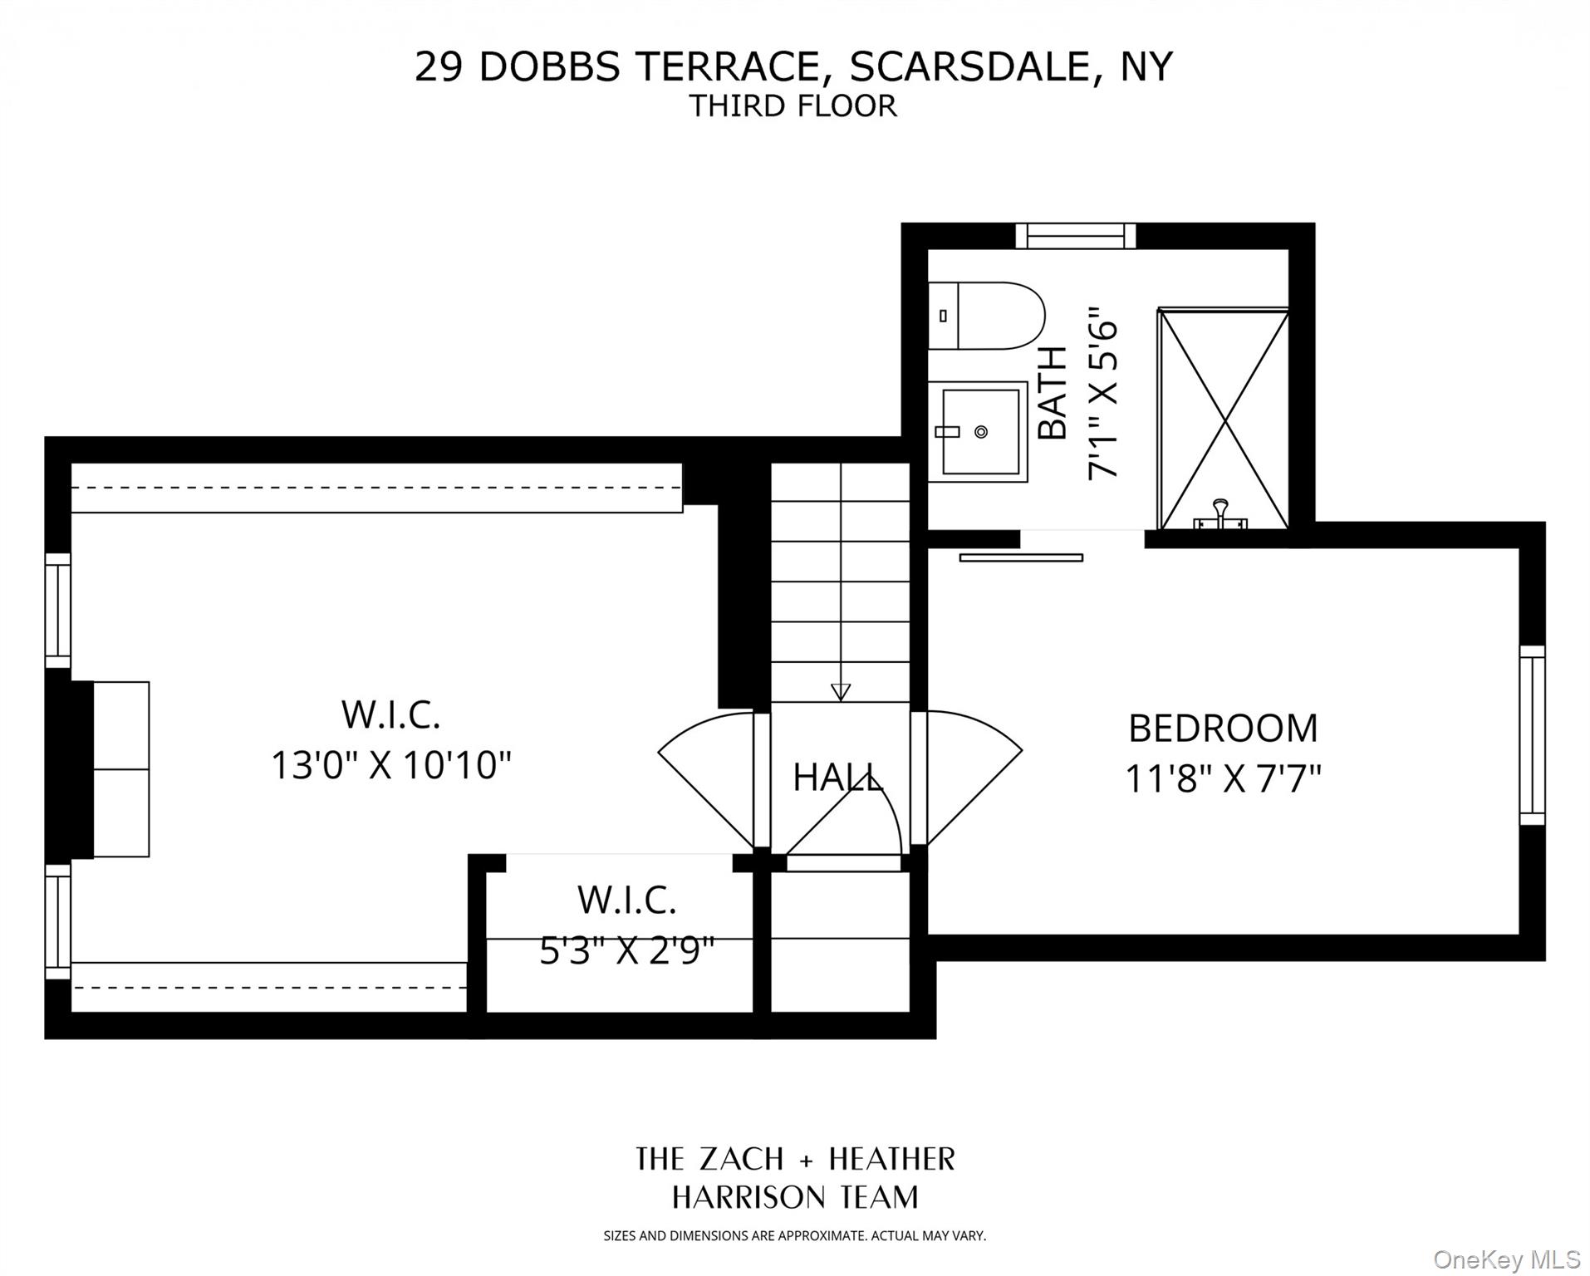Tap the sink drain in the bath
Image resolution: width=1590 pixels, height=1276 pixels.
click(x=981, y=432)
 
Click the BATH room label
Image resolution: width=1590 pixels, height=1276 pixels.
click(x=1053, y=392)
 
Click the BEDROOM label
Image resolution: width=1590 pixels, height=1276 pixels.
click(x=1223, y=729)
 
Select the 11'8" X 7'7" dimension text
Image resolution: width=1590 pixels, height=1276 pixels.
click(x=1223, y=779)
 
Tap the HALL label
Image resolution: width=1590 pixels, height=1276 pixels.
click(x=837, y=778)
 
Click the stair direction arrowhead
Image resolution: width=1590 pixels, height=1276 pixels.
click(x=841, y=692)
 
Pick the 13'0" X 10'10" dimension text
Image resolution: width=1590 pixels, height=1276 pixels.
click(x=391, y=765)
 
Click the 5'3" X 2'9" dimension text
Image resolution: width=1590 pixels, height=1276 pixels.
click(x=627, y=950)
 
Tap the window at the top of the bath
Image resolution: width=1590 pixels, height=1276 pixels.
click(x=1076, y=236)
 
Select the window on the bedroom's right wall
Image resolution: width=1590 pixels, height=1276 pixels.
click(x=1533, y=735)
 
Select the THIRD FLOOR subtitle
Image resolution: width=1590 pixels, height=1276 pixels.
click(x=793, y=106)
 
